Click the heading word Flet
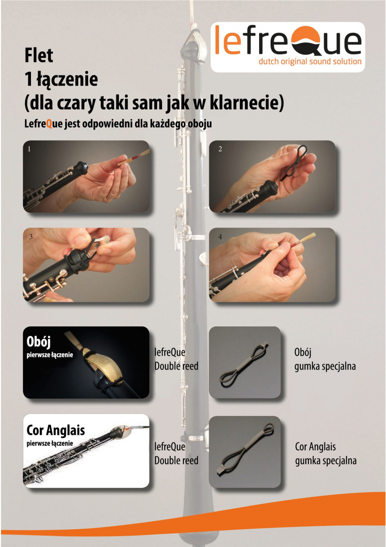tap(39, 56)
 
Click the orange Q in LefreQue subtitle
tap(49, 124)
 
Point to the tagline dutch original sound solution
tap(310, 61)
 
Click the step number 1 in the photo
tap(29, 149)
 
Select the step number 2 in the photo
tap(220, 149)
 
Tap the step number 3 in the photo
tap(31, 237)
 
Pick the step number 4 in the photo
tap(220, 237)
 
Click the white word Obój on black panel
tap(38, 341)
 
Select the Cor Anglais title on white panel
tap(56, 430)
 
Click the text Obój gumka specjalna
tap(325, 359)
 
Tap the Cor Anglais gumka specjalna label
tap(326, 454)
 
